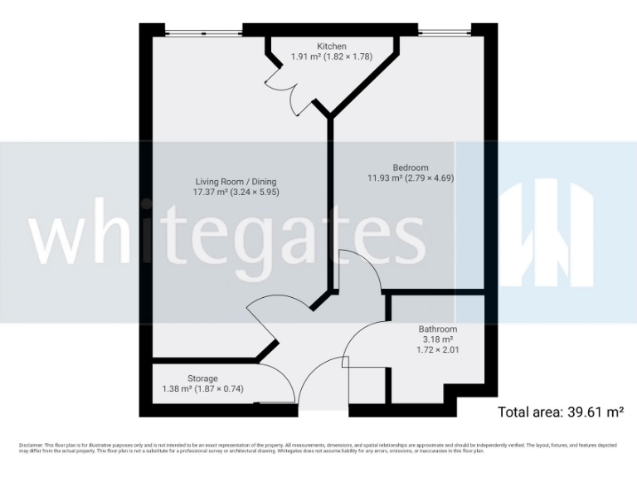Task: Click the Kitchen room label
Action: tap(331, 46)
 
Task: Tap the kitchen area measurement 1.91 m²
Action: tap(331, 57)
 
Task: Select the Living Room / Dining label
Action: tap(236, 182)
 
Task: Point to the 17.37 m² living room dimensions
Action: tap(236, 193)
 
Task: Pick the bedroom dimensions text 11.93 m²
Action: tap(411, 178)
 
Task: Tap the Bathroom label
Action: tap(437, 329)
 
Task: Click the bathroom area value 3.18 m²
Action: tap(437, 339)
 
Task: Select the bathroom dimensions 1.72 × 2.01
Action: tap(437, 350)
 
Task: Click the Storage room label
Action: tap(202, 378)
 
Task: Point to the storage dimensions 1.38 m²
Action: tap(202, 389)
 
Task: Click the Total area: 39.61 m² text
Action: tap(560, 412)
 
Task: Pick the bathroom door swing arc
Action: tap(361, 340)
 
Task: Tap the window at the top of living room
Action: tap(202, 33)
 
